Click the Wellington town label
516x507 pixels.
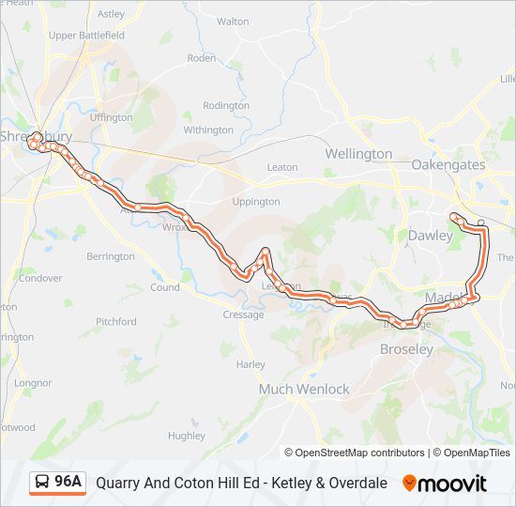pyautogui.click(x=358, y=153)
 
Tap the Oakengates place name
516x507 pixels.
pyautogui.click(x=448, y=164)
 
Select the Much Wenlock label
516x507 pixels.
pyautogui.click(x=304, y=389)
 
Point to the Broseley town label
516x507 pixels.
pyautogui.click(x=406, y=349)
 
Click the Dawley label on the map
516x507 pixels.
pyautogui.click(x=430, y=236)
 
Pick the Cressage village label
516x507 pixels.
pyautogui.click(x=243, y=315)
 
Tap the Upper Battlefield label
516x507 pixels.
pyautogui.click(x=86, y=36)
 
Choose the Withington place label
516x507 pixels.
pyautogui.click(x=208, y=130)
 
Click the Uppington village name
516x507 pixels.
pyautogui.click(x=255, y=201)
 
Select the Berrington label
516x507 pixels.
pyautogui.click(x=111, y=256)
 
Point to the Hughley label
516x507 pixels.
pyautogui.click(x=187, y=436)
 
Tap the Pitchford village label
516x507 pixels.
pyautogui.click(x=115, y=321)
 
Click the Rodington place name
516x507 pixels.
pyautogui.click(x=226, y=106)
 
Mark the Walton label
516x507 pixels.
pyautogui.click(x=233, y=21)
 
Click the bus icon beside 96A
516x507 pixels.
pyautogui.click(x=41, y=483)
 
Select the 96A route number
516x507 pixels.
pyautogui.click(x=68, y=483)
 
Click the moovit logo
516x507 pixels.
pyautogui.click(x=445, y=484)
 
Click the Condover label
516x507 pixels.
pyautogui.click(x=40, y=278)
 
